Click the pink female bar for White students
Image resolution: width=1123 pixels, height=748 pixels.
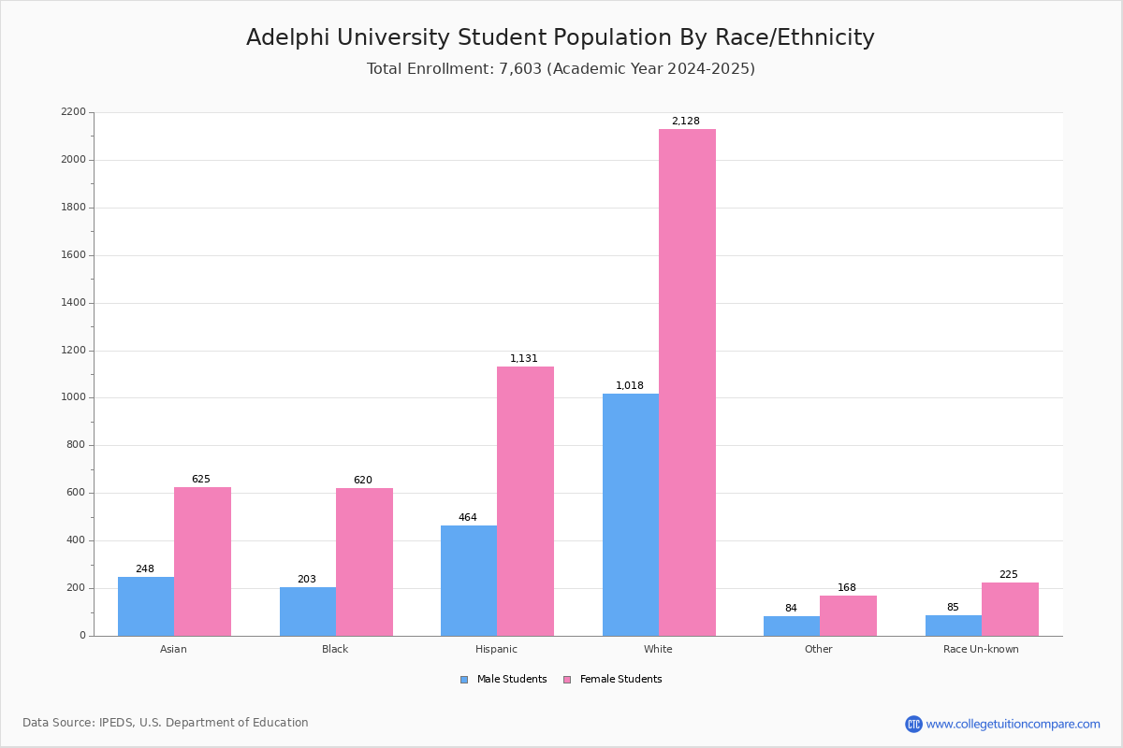click(687, 382)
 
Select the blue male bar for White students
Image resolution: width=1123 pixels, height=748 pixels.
click(631, 514)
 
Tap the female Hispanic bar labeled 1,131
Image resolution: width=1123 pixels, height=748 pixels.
click(525, 501)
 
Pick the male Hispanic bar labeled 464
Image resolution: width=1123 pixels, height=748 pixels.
click(469, 581)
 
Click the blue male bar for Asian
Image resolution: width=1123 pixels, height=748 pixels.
click(146, 606)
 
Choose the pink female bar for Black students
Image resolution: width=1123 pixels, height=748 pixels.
click(364, 562)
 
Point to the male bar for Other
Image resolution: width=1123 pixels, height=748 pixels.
click(792, 626)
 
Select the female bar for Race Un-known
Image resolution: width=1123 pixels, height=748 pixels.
click(1010, 609)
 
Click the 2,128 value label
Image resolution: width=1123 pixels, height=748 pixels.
click(685, 122)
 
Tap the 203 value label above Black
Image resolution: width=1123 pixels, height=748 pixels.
click(307, 580)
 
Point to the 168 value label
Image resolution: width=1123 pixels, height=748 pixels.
click(847, 588)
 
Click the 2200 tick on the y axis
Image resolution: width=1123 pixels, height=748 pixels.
click(73, 112)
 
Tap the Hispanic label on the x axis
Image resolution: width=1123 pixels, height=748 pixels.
click(496, 649)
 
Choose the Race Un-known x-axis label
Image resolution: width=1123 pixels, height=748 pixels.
click(981, 649)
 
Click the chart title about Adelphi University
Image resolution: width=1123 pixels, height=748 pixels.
click(561, 37)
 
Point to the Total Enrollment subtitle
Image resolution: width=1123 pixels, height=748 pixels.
click(561, 69)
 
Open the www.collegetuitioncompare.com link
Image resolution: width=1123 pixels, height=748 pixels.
click(1013, 724)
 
